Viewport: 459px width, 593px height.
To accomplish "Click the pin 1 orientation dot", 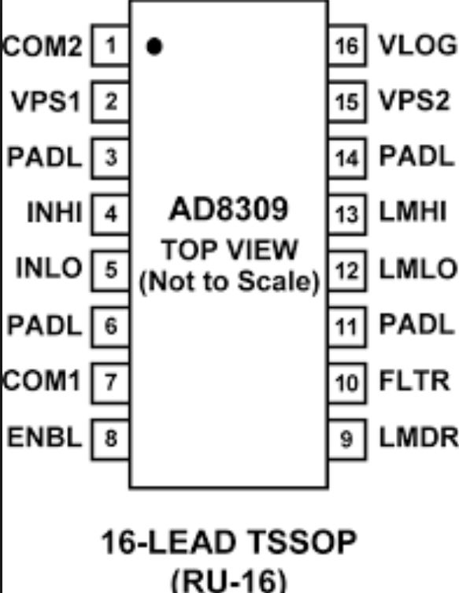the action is point(154,46).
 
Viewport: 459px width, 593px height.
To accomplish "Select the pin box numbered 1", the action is point(110,46).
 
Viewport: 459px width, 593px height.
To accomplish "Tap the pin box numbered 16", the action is point(346,46).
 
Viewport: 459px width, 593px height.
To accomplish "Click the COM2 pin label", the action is point(43,46).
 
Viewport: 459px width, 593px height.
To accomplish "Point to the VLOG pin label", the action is point(418,46).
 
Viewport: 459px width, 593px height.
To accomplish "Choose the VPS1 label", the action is point(46,102).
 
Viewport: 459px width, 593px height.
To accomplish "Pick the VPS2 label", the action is point(414,101).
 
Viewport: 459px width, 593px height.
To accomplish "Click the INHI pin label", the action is point(54,212).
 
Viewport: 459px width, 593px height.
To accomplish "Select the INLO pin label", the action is point(49,268).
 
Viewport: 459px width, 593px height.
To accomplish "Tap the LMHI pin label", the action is point(413,211).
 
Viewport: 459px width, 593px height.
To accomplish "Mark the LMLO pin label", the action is point(418,269).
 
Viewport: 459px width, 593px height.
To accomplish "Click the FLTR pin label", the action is point(415,380).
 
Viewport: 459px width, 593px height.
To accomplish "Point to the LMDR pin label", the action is point(419,438).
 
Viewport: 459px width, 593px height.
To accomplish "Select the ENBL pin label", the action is point(45,437).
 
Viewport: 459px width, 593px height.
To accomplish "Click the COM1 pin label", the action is point(42,380).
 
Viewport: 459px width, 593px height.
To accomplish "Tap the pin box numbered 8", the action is point(110,439).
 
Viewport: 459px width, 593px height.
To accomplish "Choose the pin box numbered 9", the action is point(346,439).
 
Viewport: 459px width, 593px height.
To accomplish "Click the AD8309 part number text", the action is point(228,209).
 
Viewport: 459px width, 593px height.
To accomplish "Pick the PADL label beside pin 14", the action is point(416,156).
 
